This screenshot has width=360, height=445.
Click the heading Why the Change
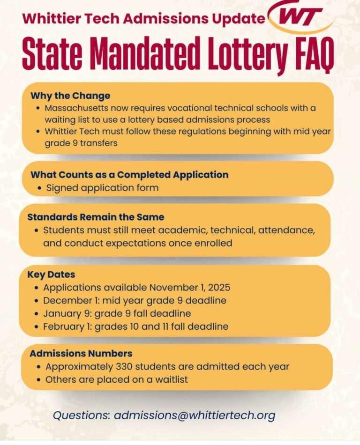[x=70, y=96]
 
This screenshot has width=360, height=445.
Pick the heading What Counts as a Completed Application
[x=129, y=175]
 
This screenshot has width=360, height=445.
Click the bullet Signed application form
[x=102, y=188]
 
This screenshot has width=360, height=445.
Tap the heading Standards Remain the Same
[x=96, y=217]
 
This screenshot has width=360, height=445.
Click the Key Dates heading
[x=51, y=274]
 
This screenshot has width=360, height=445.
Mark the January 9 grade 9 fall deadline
[x=117, y=313]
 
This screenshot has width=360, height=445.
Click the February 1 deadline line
[x=136, y=326]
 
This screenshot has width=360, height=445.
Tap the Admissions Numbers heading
[x=81, y=353]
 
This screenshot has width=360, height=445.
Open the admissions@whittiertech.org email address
[x=195, y=415]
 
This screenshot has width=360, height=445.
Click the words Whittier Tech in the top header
[x=59, y=19]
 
